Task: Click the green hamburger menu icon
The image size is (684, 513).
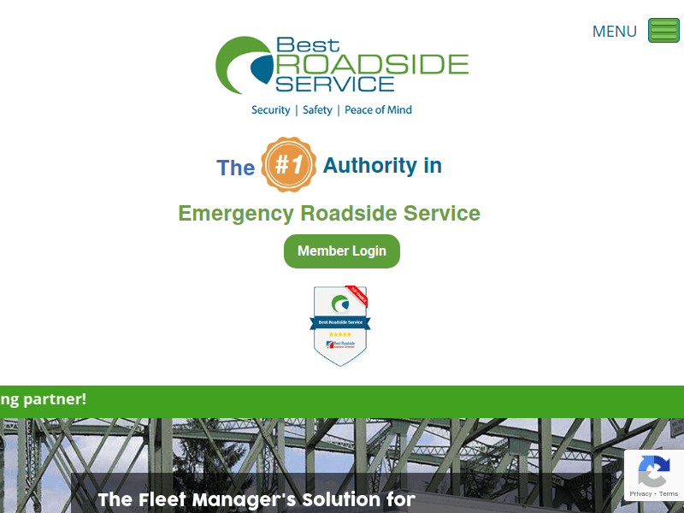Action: click(663, 31)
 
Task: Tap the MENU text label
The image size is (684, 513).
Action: click(614, 32)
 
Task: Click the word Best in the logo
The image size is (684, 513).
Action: click(307, 44)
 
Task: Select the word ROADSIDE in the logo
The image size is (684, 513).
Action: click(372, 64)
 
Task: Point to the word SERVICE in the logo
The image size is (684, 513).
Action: click(334, 83)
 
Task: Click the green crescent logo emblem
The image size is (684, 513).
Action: click(242, 65)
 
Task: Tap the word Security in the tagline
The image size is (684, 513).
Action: click(270, 110)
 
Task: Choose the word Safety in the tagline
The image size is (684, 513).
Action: click(317, 110)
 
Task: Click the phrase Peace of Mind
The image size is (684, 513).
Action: click(378, 110)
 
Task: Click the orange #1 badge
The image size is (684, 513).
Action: click(289, 165)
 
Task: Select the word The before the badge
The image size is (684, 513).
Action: click(236, 168)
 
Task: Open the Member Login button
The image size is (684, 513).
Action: click(342, 251)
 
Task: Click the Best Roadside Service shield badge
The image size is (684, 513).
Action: click(340, 326)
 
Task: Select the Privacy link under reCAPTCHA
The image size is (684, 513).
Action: click(640, 494)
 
